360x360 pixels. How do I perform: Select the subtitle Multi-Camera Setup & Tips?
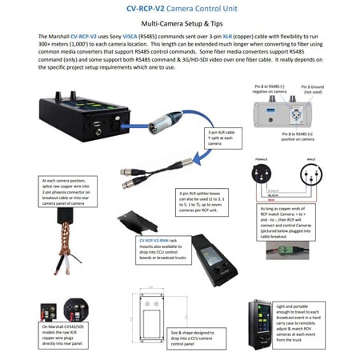tap(179, 26)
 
